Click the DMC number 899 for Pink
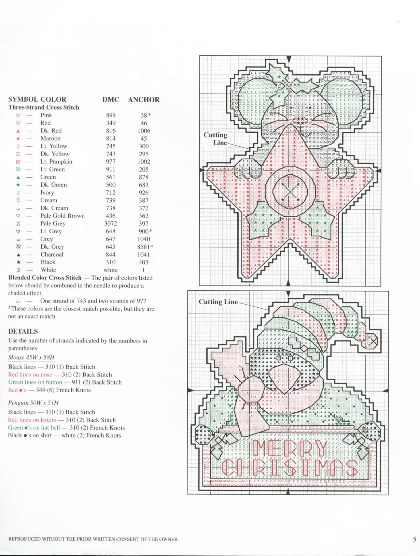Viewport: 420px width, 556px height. pos(111,115)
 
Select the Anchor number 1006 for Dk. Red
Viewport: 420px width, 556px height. pos(144,131)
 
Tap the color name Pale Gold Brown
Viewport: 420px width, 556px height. pos(62,216)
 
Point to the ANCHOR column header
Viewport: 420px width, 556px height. pos(144,100)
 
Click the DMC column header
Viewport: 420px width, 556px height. pos(111,100)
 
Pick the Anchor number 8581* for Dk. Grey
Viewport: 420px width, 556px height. pos(145,247)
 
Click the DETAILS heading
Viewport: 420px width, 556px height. pos(23,331)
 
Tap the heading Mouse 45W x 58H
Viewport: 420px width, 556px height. pos(31,357)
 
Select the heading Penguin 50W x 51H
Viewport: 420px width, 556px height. pos(33,403)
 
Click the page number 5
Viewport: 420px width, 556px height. pos(415,539)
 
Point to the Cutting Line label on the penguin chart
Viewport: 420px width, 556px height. pos(218,302)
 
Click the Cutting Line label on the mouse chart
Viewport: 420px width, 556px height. pos(215,139)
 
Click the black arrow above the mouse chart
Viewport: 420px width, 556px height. pos(289,59)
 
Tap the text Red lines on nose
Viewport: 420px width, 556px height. pos(30,375)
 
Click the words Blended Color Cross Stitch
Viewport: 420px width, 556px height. pos(45,278)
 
